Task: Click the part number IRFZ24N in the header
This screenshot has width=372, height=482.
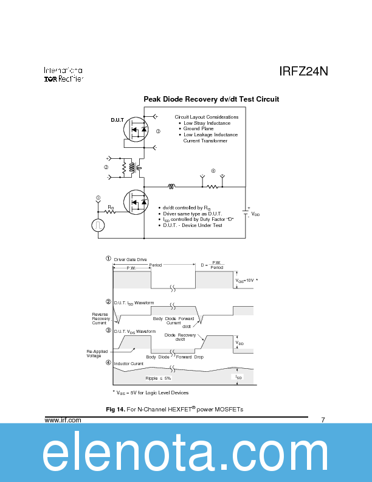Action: (x=303, y=71)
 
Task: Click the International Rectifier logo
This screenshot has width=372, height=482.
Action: (x=63, y=74)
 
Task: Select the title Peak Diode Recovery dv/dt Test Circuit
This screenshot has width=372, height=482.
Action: (x=211, y=99)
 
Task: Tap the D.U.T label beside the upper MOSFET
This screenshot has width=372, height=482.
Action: (x=117, y=120)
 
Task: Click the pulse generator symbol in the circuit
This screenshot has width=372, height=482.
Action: (x=98, y=226)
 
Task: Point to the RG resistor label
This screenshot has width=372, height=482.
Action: (x=111, y=208)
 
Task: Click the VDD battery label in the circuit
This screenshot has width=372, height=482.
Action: (x=255, y=214)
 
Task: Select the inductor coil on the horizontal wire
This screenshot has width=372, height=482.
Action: (x=172, y=186)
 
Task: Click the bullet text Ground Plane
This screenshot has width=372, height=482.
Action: (x=199, y=129)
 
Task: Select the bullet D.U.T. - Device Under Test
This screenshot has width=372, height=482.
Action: (x=193, y=225)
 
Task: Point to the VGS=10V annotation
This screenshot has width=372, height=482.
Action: (x=246, y=280)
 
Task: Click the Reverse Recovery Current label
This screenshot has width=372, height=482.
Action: (x=101, y=318)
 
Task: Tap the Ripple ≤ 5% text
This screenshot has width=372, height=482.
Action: (x=159, y=378)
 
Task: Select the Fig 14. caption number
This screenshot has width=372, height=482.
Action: (x=115, y=409)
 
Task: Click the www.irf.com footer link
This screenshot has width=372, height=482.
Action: (x=63, y=420)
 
